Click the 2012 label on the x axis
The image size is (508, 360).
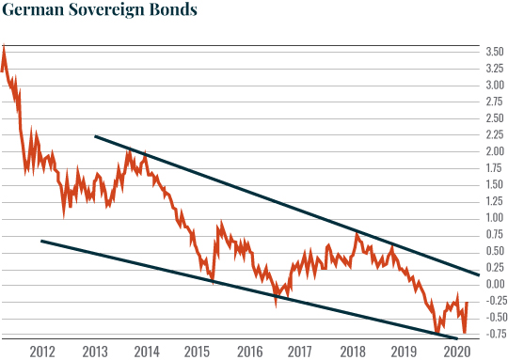[x=42, y=352]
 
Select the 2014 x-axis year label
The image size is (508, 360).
[x=146, y=352]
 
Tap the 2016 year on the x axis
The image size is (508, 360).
[x=248, y=352]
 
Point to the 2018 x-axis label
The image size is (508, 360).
[x=352, y=352]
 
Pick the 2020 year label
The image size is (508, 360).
[x=455, y=352]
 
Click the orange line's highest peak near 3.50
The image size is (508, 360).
[x=4, y=46]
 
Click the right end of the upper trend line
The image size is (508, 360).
[x=480, y=274]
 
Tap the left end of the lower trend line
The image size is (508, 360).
[x=41, y=241]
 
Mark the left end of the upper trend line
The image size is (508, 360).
[x=95, y=136]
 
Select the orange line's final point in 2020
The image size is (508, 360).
[x=467, y=302]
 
